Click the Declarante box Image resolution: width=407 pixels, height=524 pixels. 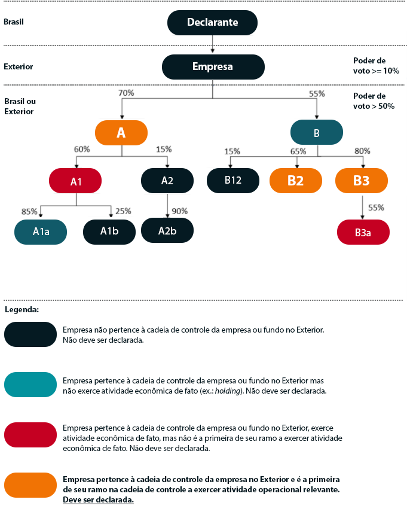click(212, 22)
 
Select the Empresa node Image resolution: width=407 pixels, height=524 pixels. click(213, 66)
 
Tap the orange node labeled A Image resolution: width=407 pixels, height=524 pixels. click(121, 133)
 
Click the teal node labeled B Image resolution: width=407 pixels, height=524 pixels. click(317, 132)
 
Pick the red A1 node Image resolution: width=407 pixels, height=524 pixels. click(76, 181)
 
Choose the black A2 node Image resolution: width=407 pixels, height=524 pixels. click(167, 181)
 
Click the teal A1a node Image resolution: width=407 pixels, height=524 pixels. click(41, 231)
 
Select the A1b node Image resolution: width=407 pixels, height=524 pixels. click(109, 231)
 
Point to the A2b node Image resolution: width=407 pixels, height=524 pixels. click(167, 230)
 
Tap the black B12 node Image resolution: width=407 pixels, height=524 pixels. click(233, 180)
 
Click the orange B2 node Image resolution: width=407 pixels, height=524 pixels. click(296, 181)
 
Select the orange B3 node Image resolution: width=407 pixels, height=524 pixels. click(362, 181)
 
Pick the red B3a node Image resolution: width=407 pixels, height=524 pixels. click(363, 232)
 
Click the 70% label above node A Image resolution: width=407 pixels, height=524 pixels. click(126, 93)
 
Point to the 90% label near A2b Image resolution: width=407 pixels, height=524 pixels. click(179, 211)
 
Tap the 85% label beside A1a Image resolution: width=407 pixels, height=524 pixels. click(29, 211)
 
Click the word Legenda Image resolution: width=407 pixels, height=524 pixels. click(22, 310)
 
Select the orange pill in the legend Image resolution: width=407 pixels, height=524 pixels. click(30, 485)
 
